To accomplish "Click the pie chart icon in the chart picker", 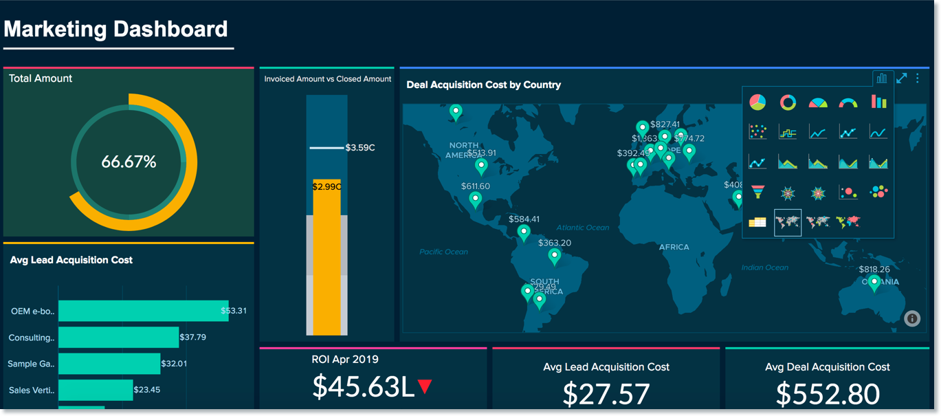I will click(x=757, y=102).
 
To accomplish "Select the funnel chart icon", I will click(x=757, y=193).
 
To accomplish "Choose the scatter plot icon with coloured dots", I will click(x=757, y=132).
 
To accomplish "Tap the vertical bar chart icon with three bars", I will click(x=878, y=102).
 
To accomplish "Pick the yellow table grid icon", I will click(x=757, y=222).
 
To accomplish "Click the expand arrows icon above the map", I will click(x=901, y=78).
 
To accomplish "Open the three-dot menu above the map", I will click(x=918, y=78).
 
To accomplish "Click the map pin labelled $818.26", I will click(x=874, y=282).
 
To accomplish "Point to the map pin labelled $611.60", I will click(x=475, y=199).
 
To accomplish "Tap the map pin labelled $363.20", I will click(x=554, y=256).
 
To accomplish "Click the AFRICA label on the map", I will click(x=674, y=247).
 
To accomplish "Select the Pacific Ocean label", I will click(x=443, y=252).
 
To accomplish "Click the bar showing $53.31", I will click(x=143, y=311).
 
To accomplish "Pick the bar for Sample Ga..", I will click(x=109, y=364).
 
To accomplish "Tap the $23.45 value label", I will click(x=146, y=390).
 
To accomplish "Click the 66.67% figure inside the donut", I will click(x=129, y=162).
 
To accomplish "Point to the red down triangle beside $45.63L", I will click(x=425, y=386).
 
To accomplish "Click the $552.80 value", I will click(x=827, y=394).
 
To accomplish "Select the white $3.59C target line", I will click(x=326, y=148).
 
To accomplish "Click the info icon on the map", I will click(x=912, y=318).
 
